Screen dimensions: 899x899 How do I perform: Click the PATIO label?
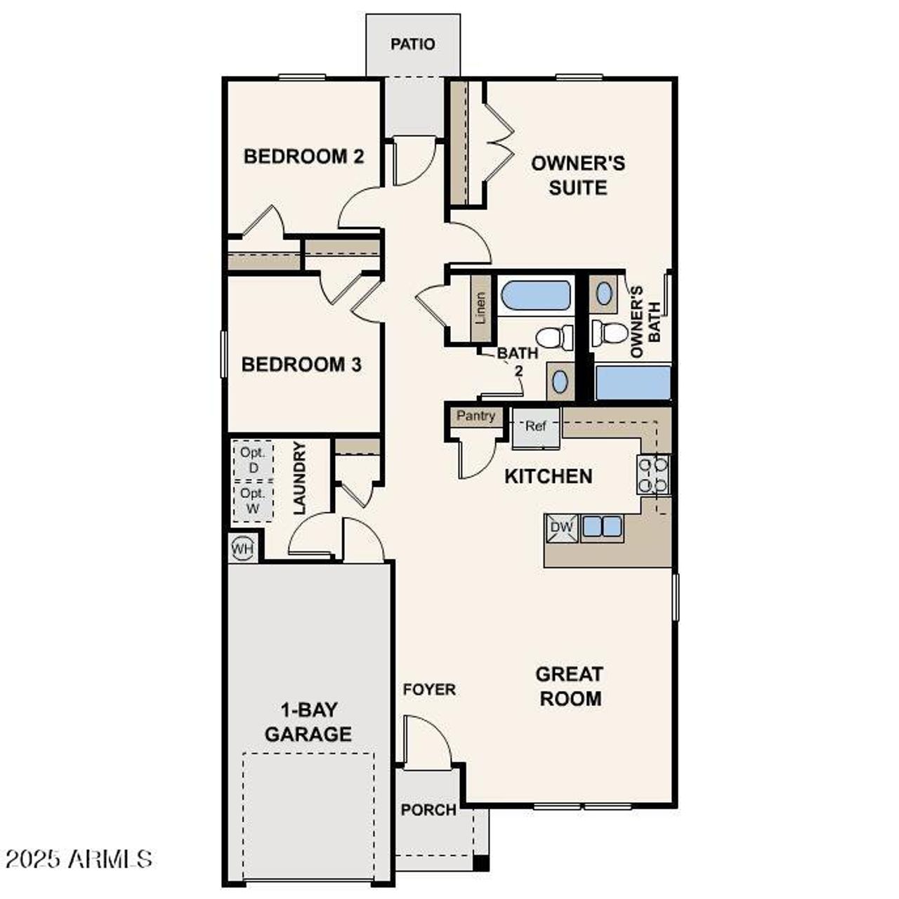click(412, 44)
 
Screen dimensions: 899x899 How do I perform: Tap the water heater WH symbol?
click(242, 546)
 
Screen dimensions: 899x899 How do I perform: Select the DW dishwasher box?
click(561, 527)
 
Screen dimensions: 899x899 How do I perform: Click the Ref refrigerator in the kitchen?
click(536, 427)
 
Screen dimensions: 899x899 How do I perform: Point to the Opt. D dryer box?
click(252, 460)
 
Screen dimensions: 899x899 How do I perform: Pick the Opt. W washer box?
click(252, 501)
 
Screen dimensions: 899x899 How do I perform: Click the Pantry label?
click(475, 416)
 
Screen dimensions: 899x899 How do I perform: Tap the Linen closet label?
click(480, 308)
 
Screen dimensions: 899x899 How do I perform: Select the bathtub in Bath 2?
click(536, 296)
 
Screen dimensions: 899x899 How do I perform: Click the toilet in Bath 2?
click(556, 338)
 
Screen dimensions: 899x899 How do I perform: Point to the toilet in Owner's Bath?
click(608, 332)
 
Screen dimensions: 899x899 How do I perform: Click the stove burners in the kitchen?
click(652, 474)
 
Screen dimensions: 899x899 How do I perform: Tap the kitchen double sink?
click(603, 526)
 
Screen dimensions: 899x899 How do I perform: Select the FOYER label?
click(429, 690)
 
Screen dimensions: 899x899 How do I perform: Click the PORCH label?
click(428, 810)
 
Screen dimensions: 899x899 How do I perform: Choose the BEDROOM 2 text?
click(303, 156)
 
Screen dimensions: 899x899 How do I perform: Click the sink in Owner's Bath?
click(604, 294)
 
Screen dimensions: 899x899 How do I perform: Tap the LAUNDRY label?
click(300, 478)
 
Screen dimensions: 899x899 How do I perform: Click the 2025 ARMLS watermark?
click(79, 858)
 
